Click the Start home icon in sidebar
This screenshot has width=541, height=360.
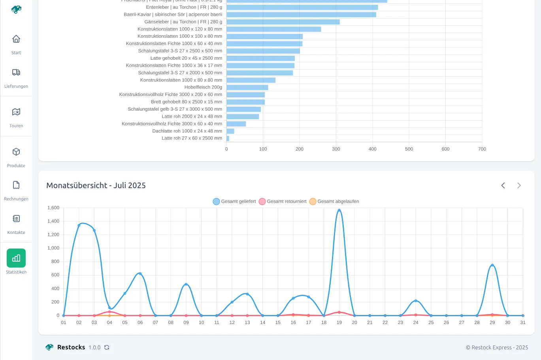point(16,39)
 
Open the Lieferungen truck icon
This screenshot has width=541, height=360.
point(16,72)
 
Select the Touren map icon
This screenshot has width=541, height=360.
point(16,112)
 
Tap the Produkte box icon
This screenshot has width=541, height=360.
point(16,152)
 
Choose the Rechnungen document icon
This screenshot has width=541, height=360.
point(16,185)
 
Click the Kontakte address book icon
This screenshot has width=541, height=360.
point(16,219)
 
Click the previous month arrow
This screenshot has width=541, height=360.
point(503,185)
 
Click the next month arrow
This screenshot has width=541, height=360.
point(519,185)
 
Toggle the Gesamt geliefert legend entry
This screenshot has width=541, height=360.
point(234,202)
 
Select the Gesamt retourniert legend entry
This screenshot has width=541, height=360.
point(283,202)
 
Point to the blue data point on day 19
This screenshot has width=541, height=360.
point(339,210)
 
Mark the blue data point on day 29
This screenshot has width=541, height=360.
point(492,265)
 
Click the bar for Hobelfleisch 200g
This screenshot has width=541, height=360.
point(247,87)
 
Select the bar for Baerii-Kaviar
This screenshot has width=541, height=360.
point(301,15)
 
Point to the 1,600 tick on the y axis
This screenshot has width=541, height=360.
point(53,208)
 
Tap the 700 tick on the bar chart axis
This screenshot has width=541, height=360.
point(482,149)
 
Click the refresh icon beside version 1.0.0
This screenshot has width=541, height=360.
point(107,347)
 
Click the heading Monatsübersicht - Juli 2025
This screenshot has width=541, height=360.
point(96,185)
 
